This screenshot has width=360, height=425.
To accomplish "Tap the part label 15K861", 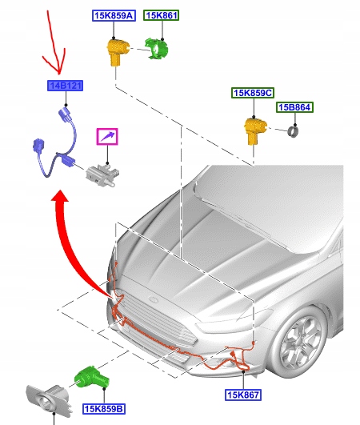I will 162,16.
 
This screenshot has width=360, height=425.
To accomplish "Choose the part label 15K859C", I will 253,94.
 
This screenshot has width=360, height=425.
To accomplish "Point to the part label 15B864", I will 294,107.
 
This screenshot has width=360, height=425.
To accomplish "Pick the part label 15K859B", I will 103,409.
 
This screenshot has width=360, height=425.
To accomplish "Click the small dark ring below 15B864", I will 294,129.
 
